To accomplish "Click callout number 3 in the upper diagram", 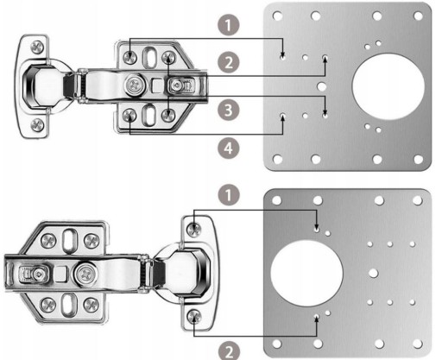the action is coord(229,110).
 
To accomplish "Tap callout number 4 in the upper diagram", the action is coord(229,148).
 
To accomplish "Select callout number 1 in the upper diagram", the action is coord(229,25).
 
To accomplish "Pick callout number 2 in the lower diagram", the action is coord(229,351).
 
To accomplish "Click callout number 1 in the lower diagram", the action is coord(229,195).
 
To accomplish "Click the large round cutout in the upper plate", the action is coord(388,86).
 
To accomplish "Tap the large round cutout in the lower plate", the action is coord(306,273).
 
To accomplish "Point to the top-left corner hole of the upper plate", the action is coord(277,16).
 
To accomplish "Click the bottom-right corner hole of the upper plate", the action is coord(418,159).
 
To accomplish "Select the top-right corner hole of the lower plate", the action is coord(417,200).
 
